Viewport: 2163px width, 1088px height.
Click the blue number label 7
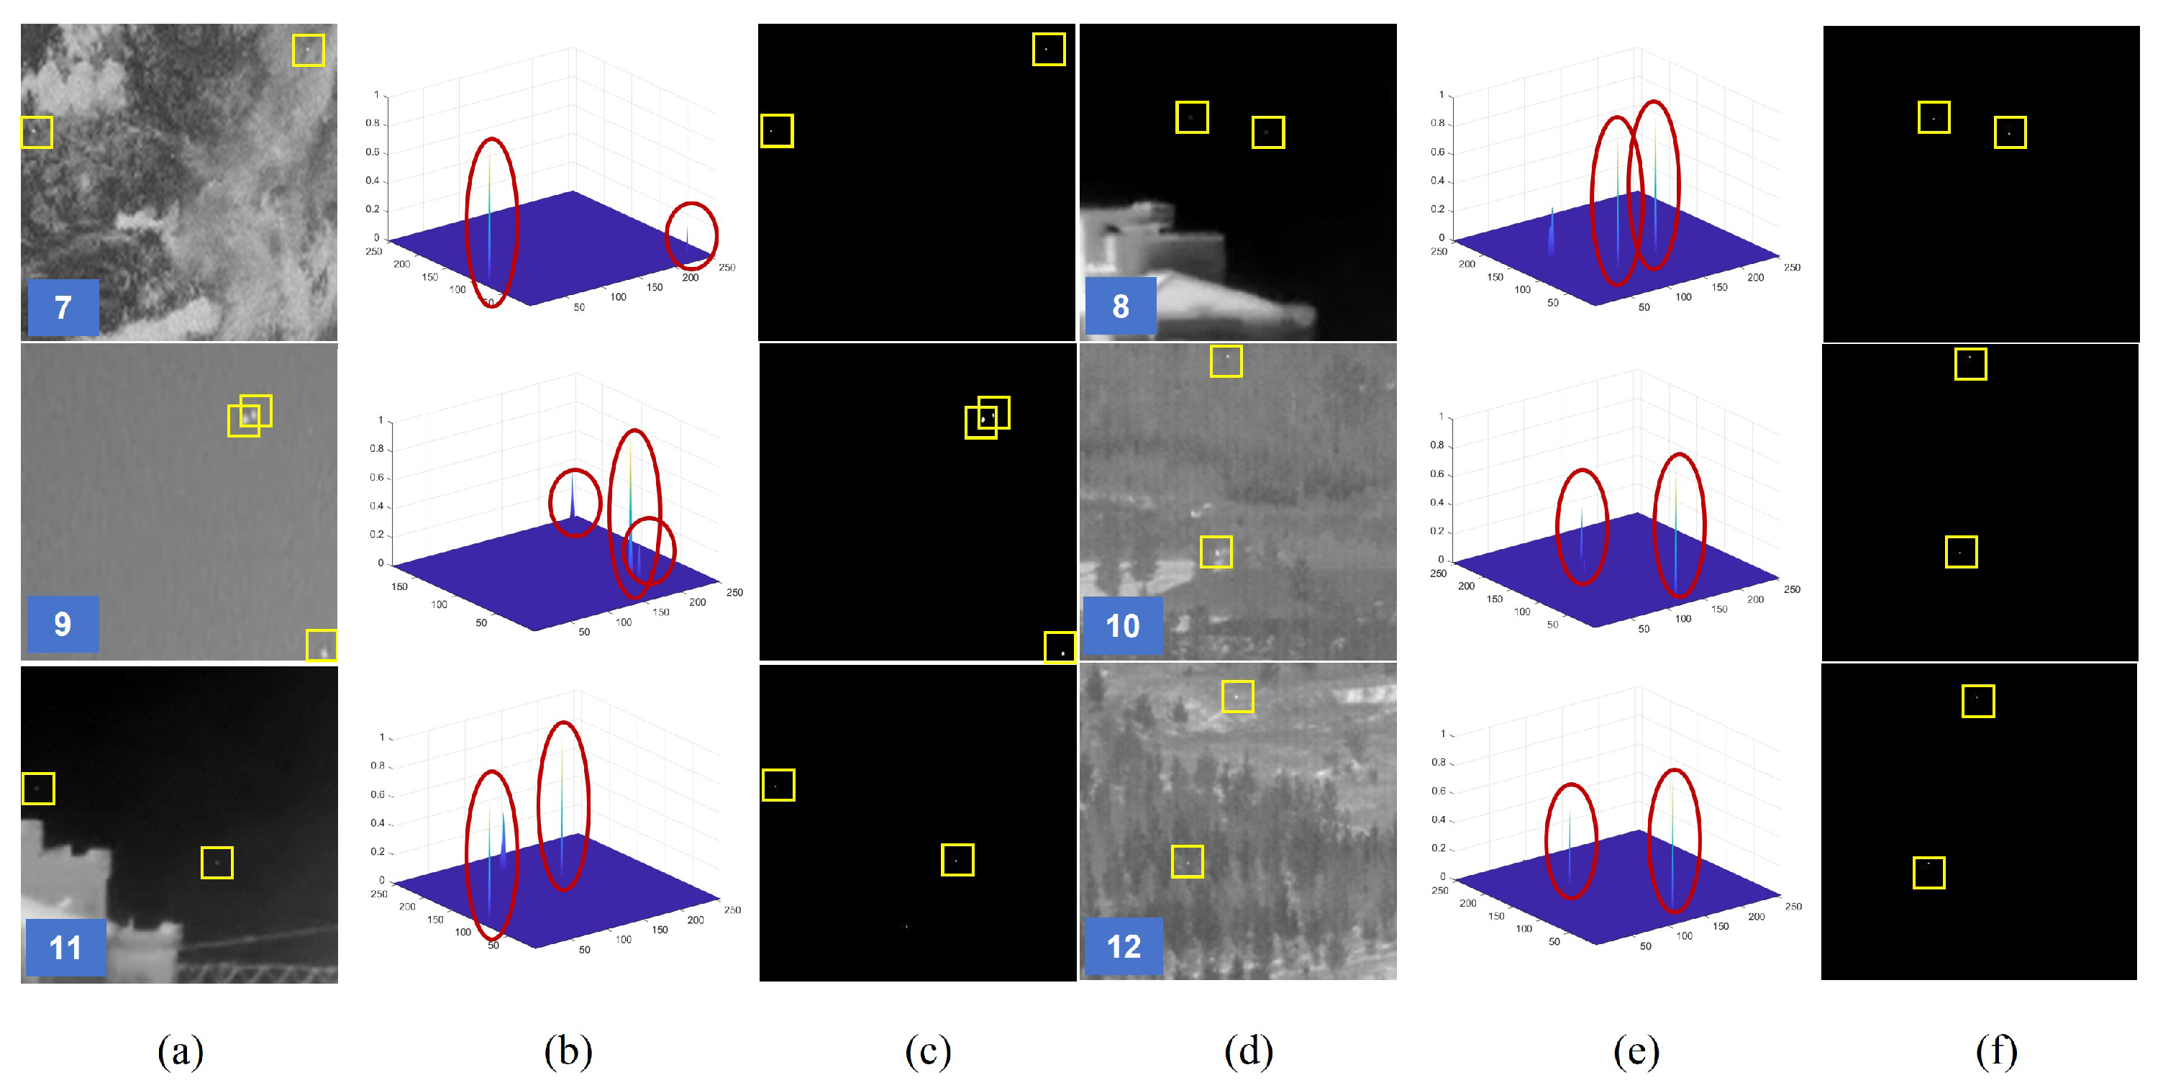click(x=63, y=307)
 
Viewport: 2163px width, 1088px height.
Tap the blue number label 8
click(x=1120, y=307)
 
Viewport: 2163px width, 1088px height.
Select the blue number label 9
click(x=62, y=623)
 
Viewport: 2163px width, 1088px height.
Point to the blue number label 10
click(x=1122, y=626)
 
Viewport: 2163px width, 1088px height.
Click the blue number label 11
click(x=65, y=948)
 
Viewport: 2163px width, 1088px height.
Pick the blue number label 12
click(x=1123, y=947)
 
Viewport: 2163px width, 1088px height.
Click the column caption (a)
click(x=181, y=1051)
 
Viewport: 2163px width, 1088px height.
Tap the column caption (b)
click(x=568, y=1051)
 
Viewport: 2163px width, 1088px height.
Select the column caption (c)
click(x=928, y=1051)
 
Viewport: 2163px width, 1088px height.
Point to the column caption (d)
click(x=1249, y=1051)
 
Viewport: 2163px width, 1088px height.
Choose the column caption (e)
click(x=1636, y=1051)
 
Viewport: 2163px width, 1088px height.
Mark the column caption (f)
click(x=1997, y=1051)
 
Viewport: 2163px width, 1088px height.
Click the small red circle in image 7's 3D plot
click(x=691, y=236)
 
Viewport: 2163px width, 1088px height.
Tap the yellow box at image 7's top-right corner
click(x=308, y=50)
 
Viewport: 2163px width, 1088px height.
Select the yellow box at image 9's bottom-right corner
click(x=322, y=645)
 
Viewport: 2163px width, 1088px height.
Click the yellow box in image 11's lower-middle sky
click(x=217, y=862)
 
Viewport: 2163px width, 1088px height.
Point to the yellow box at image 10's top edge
click(x=1226, y=361)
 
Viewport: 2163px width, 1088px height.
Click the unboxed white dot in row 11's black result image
click(x=906, y=927)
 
